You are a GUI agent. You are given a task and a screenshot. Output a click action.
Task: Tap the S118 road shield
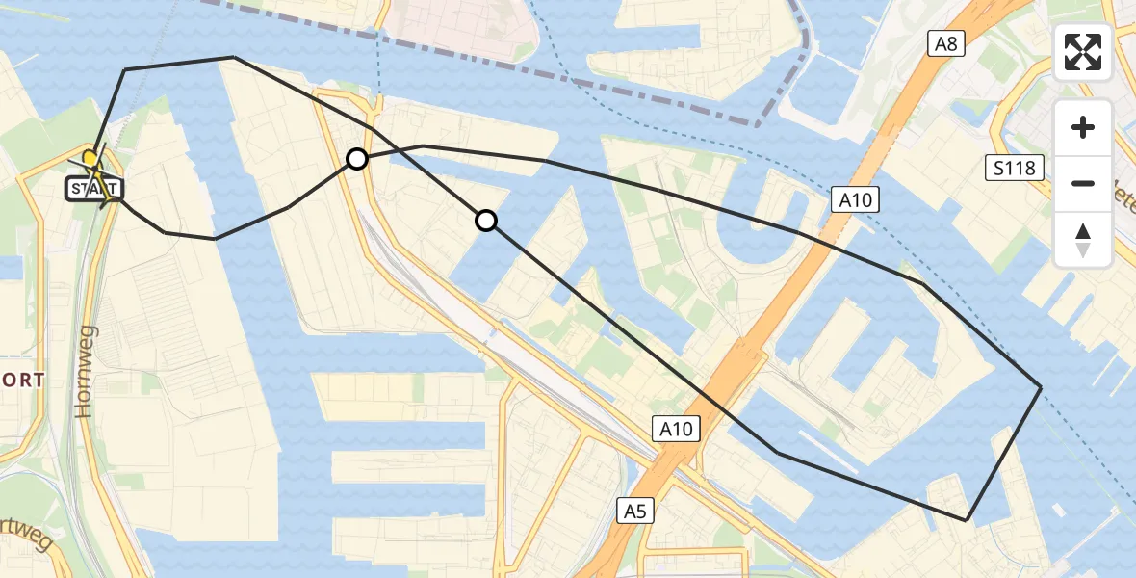1015,170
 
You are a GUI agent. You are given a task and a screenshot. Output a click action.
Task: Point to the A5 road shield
634,512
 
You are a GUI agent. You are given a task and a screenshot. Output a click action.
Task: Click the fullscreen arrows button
1083,52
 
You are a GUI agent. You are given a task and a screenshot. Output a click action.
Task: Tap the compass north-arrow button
1083,241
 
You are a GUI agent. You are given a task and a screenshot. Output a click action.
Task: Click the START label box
93,188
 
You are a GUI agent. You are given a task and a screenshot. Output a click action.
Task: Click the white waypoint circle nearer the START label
357,159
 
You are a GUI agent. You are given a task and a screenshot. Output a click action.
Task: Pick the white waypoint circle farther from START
486,222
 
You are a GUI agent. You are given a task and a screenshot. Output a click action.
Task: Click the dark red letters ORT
22,381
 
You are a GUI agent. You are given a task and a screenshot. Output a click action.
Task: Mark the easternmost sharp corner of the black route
1041,386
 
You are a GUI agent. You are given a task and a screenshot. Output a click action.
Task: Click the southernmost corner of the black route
966,520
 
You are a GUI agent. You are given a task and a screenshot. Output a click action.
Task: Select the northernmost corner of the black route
234,57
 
